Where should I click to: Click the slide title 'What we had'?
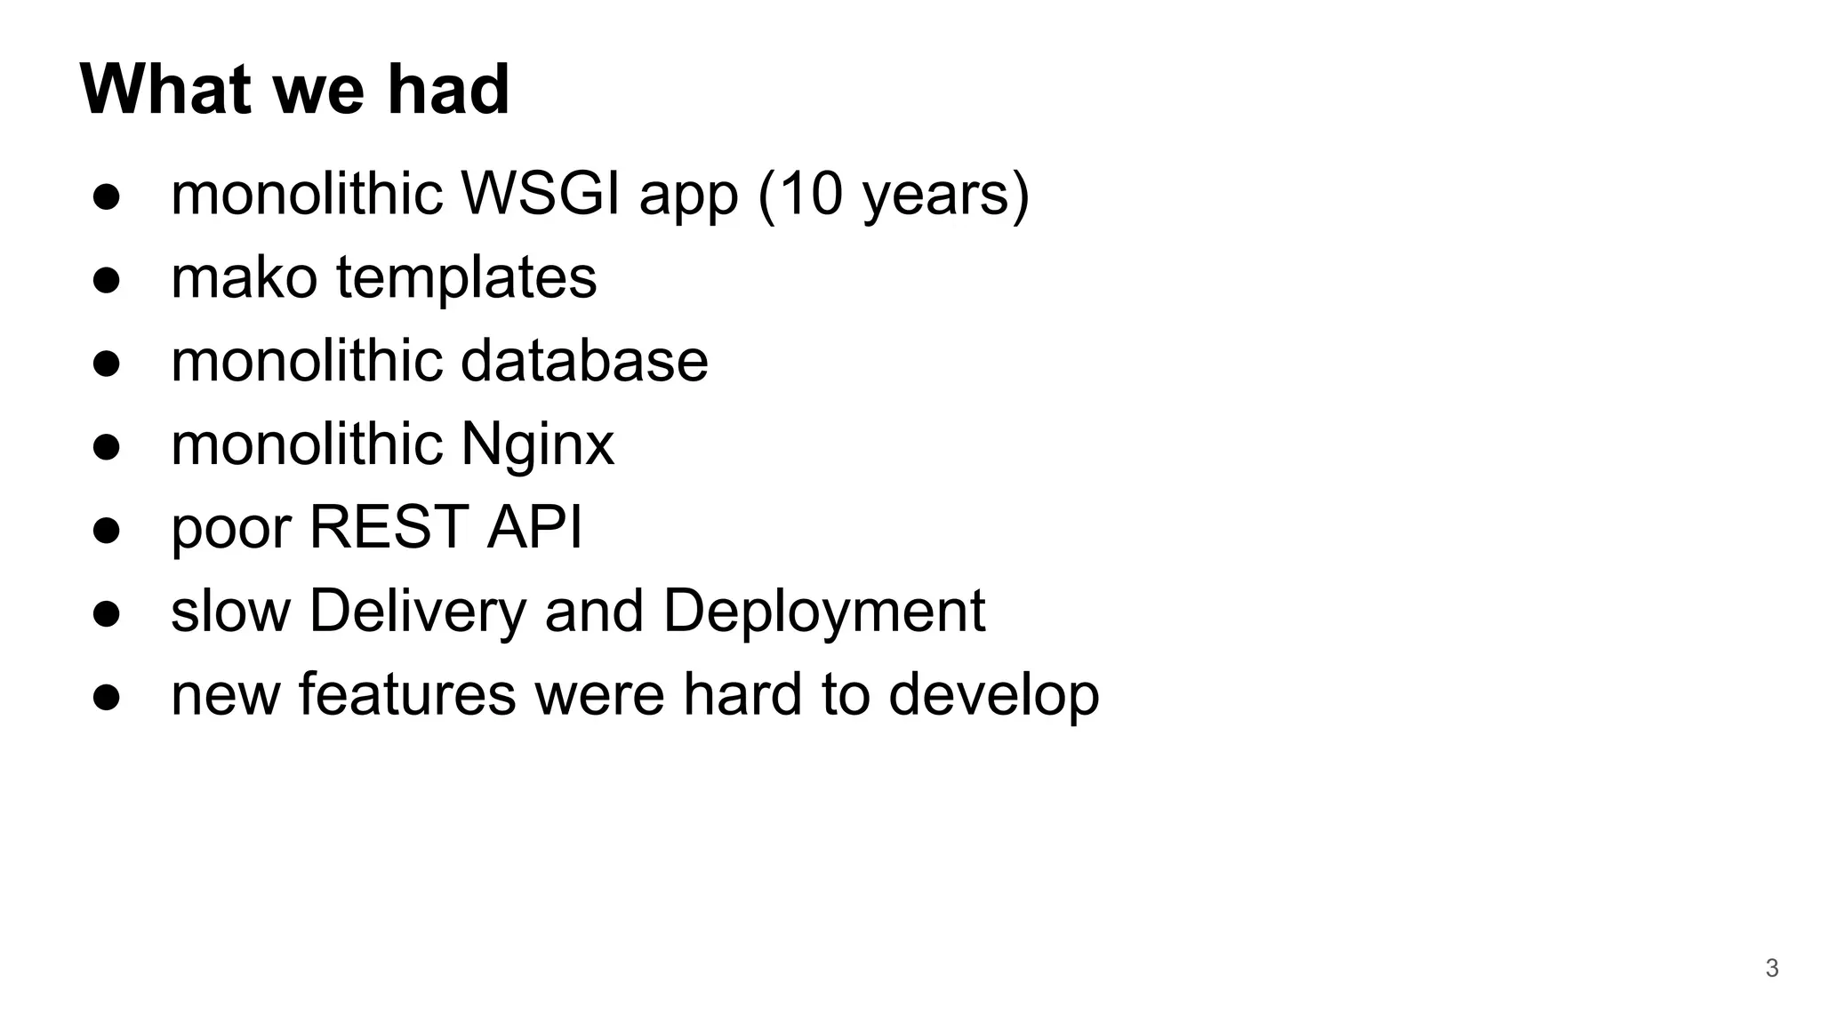294,89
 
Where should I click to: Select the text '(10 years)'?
893,195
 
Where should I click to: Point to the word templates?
466,278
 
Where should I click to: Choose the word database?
584,360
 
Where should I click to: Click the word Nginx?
537,444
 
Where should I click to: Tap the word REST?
389,526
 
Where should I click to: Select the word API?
534,526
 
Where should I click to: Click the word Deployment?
823,612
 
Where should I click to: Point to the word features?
406,693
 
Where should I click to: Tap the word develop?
993,695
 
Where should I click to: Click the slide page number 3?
1771,968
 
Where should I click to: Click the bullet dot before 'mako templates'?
106,280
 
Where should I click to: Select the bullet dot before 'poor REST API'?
106,531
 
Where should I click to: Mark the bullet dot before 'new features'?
106,697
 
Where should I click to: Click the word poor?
230,528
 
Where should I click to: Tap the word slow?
230,612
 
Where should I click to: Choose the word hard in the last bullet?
742,693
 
